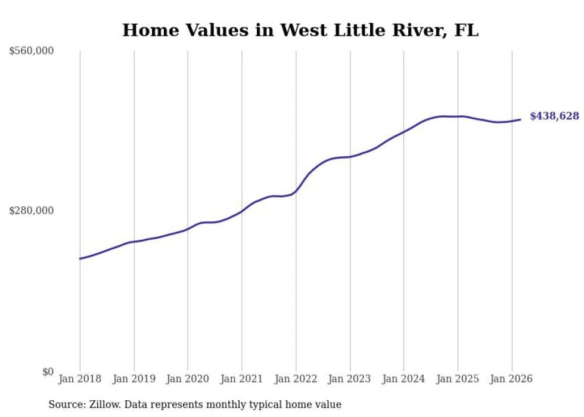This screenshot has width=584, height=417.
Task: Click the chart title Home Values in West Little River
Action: pos(300,30)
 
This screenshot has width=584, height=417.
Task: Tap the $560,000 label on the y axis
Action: pos(32,51)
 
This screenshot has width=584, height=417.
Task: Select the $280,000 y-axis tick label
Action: pos(32,211)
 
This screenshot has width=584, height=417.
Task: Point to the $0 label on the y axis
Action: pos(48,372)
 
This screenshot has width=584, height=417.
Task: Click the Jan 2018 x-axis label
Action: pos(80,379)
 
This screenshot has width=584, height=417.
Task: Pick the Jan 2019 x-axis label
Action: pos(134,379)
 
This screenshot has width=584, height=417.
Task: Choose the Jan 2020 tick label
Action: pos(188,379)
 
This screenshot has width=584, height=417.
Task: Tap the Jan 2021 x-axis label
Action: pos(242,379)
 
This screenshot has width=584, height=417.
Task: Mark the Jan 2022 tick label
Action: pos(296,379)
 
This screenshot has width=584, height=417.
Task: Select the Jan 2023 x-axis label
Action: pos(350,379)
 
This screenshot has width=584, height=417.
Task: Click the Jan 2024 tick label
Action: pos(403,379)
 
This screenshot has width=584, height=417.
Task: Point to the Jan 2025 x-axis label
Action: pos(458,379)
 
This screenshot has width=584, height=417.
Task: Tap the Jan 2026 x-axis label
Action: pos(511,379)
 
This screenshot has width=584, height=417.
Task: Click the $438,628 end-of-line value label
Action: pos(554,116)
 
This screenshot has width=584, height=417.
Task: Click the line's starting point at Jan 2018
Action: pos(80,258)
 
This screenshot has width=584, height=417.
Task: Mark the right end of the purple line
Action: pos(521,119)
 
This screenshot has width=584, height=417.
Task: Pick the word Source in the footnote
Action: pos(64,404)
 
